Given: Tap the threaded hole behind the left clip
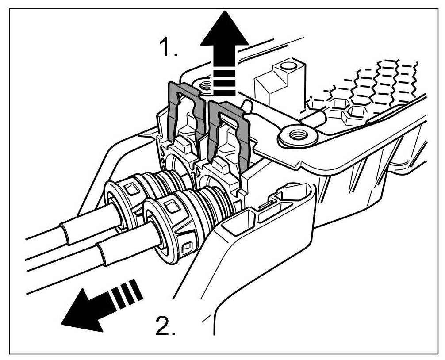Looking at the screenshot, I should [x=206, y=84].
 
